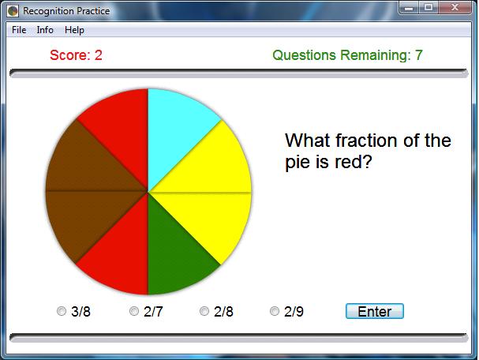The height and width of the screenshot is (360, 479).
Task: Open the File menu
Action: (19, 30)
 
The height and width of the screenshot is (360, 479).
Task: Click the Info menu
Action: (45, 30)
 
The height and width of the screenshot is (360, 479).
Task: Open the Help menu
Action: (74, 30)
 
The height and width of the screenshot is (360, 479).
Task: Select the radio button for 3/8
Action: (62, 312)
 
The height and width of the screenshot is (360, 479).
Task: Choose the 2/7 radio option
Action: (134, 312)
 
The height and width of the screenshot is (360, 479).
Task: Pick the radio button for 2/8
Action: (204, 312)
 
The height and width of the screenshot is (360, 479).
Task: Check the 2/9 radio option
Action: (275, 312)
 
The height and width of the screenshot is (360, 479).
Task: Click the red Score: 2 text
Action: (76, 55)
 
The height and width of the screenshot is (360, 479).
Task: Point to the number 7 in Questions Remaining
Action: (419, 55)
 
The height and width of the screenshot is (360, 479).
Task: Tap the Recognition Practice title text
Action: (66, 11)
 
